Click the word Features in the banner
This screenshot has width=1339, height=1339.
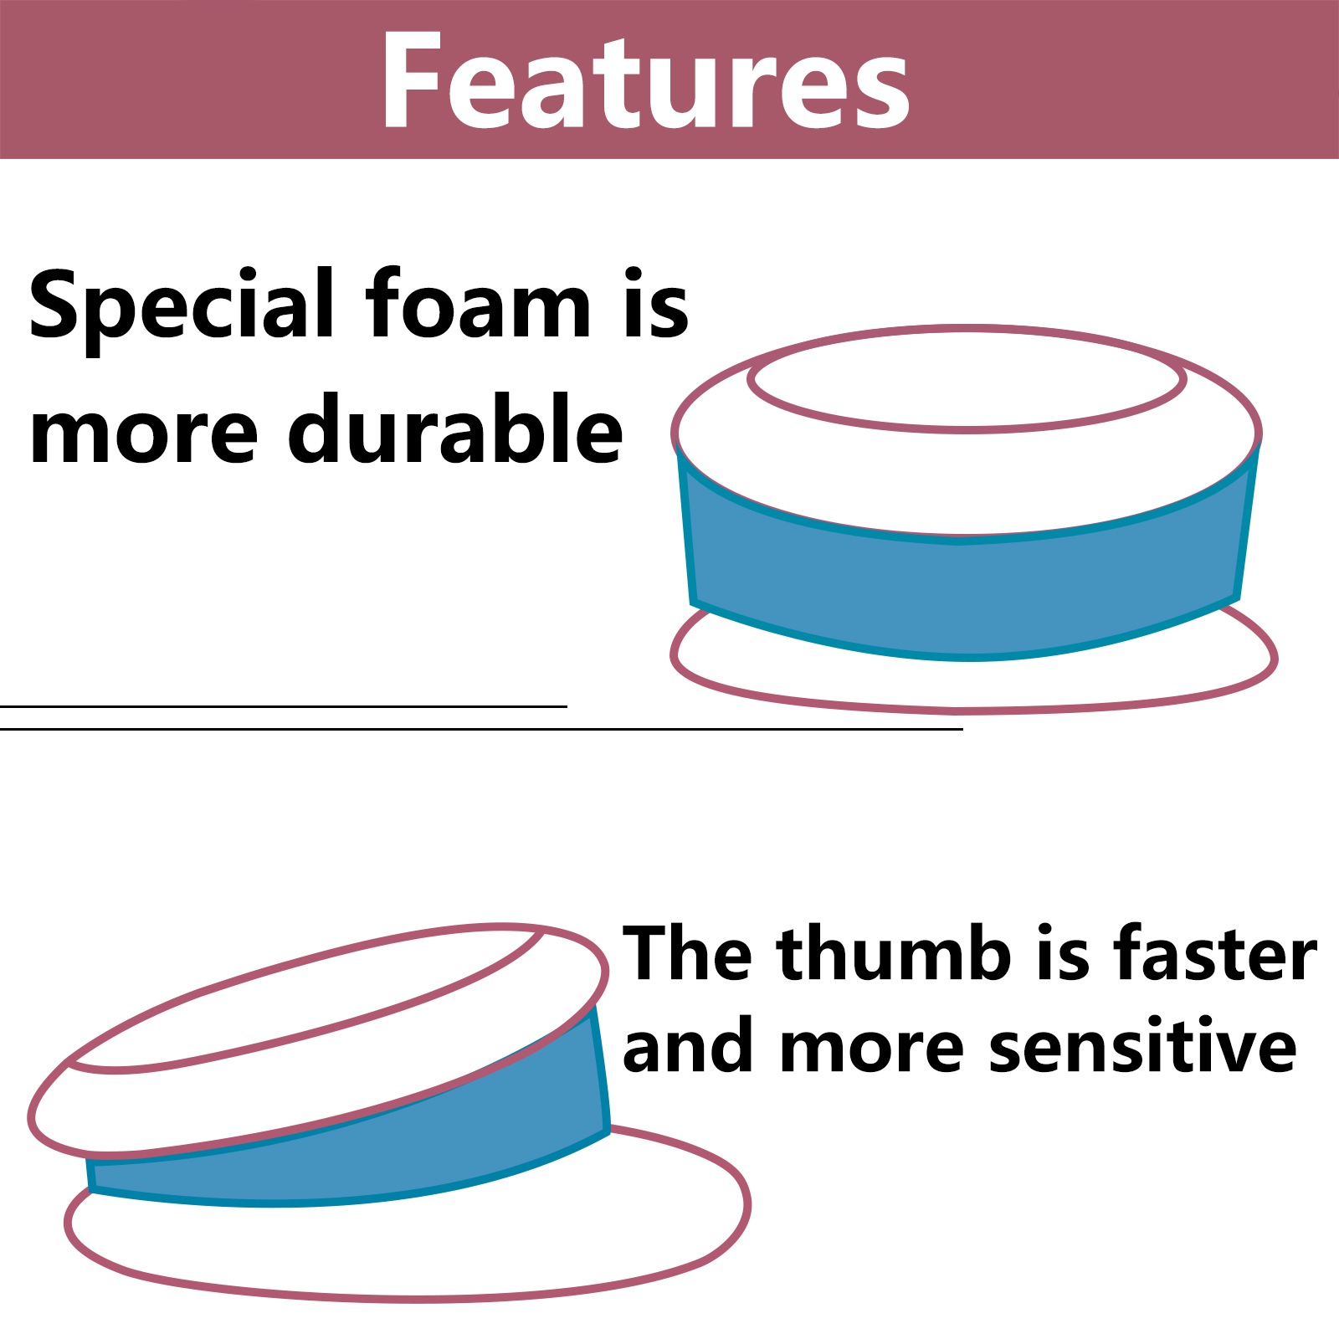[645, 80]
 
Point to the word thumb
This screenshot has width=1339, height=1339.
[894, 953]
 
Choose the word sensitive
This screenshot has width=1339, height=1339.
[1142, 1046]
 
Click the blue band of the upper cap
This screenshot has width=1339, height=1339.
[967, 594]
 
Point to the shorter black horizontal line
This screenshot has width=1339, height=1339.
[284, 706]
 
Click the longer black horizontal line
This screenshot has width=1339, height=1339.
[481, 729]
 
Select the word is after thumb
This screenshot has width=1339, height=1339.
[1063, 953]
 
